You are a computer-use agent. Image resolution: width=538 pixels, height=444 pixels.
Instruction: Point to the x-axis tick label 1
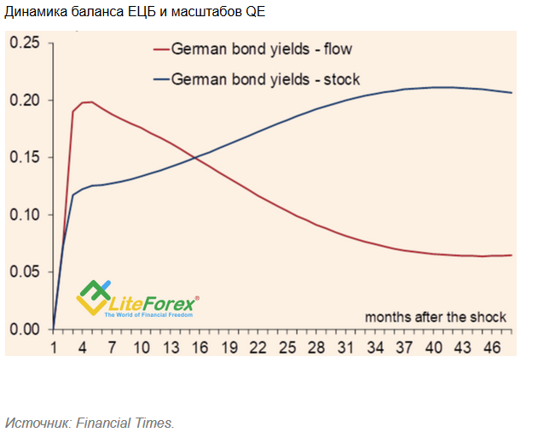pos(54,348)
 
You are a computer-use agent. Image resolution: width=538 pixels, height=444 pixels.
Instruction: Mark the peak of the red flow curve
pos(88,102)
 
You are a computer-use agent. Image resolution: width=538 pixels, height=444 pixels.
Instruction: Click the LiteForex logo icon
pos(93,296)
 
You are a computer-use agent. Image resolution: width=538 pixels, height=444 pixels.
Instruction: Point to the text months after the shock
pos(436,317)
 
